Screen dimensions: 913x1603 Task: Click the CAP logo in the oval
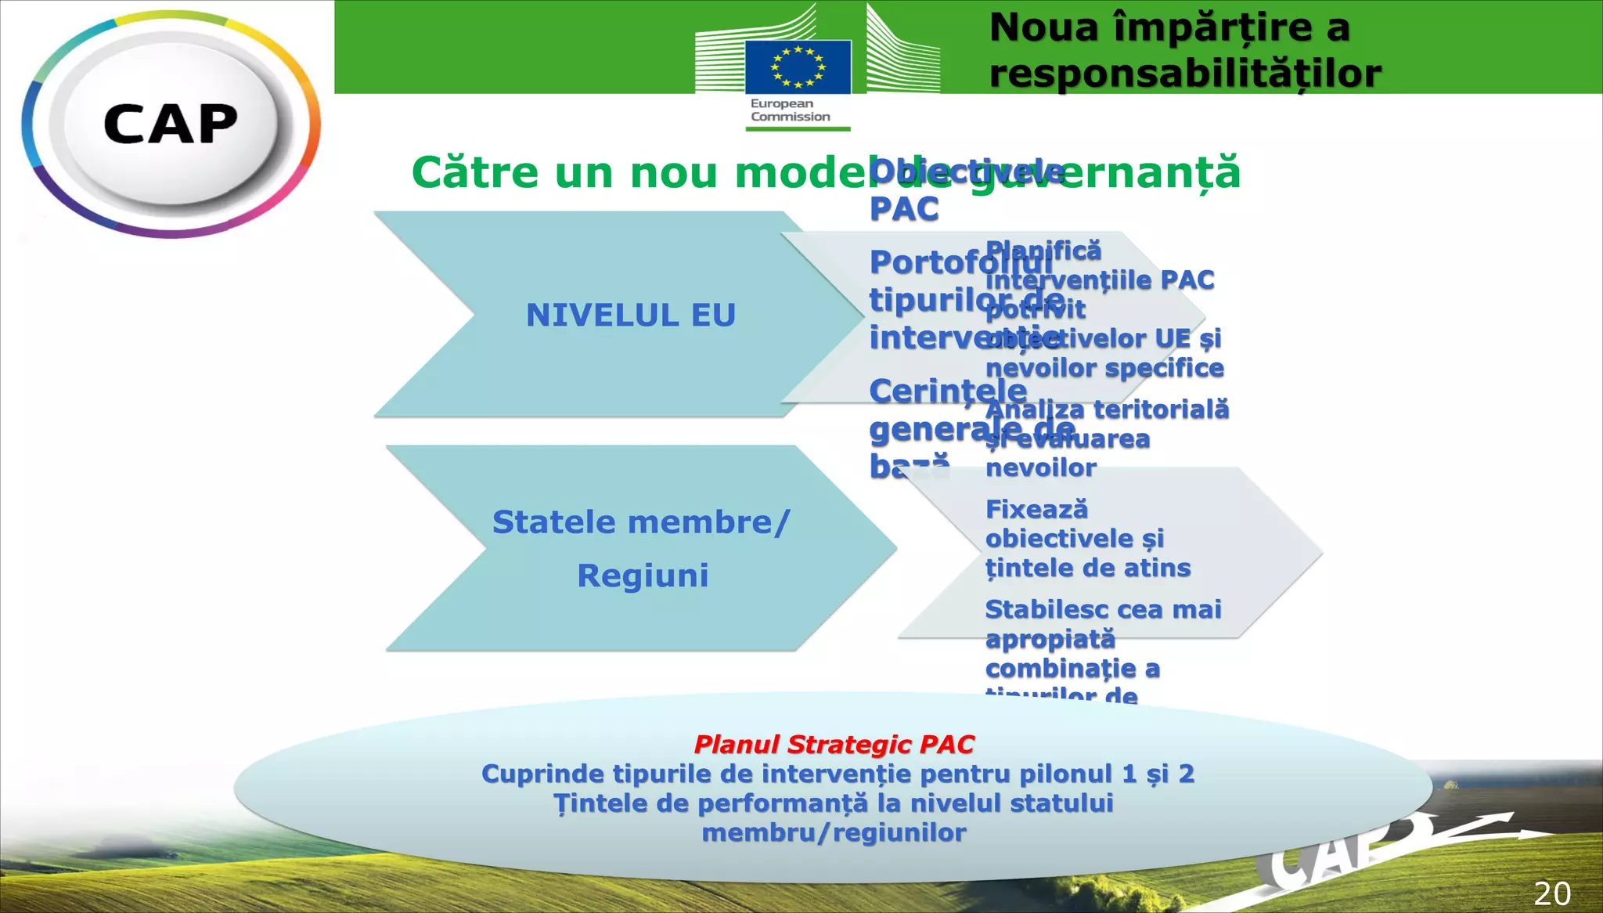pos(170,125)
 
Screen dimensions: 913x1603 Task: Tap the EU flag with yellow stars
pos(798,67)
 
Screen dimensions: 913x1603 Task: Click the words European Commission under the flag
pos(790,110)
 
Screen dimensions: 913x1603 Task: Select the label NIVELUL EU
pos(631,315)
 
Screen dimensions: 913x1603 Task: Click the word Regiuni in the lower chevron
pos(643,576)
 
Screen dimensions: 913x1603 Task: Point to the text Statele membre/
pos(641,522)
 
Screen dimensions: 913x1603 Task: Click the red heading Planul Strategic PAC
pos(834,744)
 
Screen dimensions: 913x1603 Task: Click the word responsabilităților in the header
pos(1185,74)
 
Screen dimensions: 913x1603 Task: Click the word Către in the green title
pos(475,172)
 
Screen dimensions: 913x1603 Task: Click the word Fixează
pos(1036,510)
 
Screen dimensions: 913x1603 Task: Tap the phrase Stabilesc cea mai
pos(1103,609)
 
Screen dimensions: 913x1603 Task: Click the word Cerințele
pos(948,391)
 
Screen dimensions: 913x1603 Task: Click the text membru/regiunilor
pos(834,832)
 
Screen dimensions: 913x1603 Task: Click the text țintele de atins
pos(1088,568)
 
